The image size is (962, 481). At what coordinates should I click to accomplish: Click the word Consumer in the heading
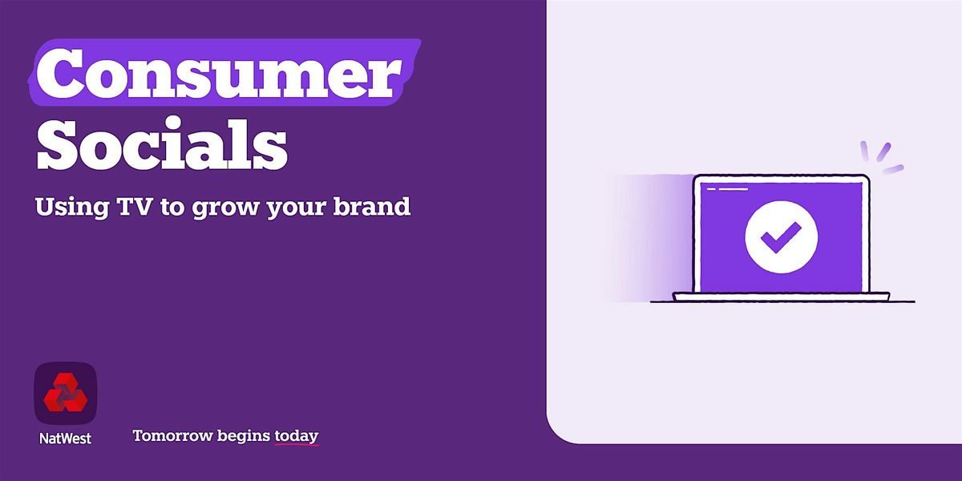[x=219, y=72]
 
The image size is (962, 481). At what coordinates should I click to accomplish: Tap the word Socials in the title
[x=161, y=143]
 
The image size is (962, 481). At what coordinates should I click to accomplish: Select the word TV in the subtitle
[x=135, y=206]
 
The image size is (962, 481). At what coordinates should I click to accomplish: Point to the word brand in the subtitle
[x=372, y=206]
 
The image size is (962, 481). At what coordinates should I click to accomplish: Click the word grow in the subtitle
[x=225, y=209]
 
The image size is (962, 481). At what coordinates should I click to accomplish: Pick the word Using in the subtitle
[x=71, y=208]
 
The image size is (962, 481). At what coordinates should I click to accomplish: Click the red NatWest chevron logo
[x=65, y=392]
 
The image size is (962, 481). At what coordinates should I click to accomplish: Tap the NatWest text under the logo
[x=65, y=439]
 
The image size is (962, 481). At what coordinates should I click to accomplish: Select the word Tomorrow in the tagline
[x=173, y=435]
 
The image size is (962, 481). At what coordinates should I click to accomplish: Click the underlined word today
[x=297, y=436]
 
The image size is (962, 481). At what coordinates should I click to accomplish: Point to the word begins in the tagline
[x=244, y=436]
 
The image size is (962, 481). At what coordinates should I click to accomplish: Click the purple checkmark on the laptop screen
[x=781, y=237]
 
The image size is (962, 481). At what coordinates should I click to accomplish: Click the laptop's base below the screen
[x=781, y=297]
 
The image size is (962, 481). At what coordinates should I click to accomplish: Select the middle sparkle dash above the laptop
[x=883, y=152]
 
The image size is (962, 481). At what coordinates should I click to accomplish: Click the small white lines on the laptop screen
[x=728, y=189]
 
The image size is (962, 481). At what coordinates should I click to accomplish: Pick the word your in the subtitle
[x=297, y=209]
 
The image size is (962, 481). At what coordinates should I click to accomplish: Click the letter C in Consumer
[x=60, y=72]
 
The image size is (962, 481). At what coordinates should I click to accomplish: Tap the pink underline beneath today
[x=297, y=444]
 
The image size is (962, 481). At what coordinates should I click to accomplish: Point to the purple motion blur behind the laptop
[x=649, y=237]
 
